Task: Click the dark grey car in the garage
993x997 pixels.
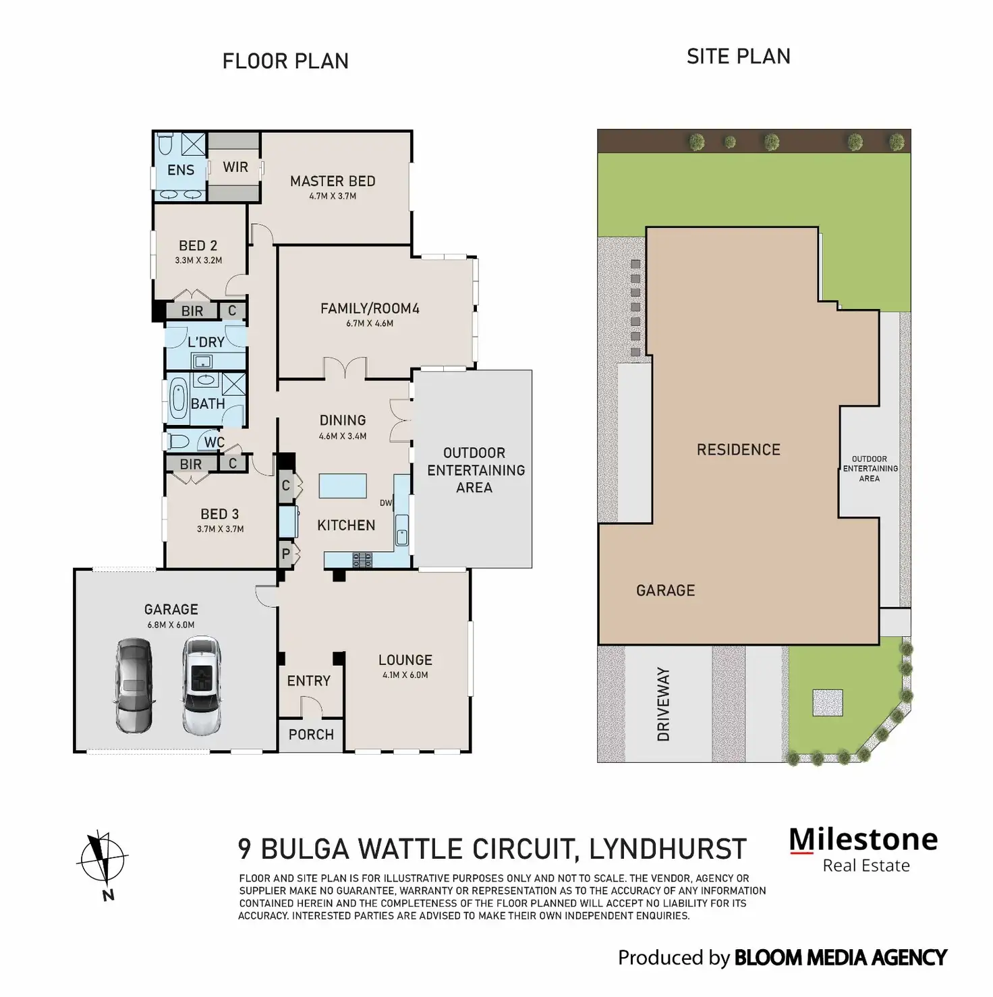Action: tap(134, 685)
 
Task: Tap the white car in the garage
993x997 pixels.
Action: tap(202, 685)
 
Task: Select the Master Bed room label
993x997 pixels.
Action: tap(333, 181)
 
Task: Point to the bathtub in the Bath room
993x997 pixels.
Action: tap(179, 399)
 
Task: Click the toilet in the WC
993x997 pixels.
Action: tap(178, 442)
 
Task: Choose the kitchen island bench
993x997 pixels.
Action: tap(343, 486)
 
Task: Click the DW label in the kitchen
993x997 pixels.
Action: tap(386, 503)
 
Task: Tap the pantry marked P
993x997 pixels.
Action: tap(286, 554)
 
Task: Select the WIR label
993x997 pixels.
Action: tap(235, 167)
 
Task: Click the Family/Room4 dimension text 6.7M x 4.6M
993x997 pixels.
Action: tap(370, 324)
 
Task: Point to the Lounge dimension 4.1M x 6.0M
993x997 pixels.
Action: tap(405, 675)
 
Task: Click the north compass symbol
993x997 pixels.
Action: tap(103, 859)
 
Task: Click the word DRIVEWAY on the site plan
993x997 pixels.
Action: tap(664, 704)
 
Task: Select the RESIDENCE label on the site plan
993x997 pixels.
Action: tap(738, 450)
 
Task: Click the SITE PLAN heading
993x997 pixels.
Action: tap(738, 57)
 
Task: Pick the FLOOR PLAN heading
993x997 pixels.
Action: tap(285, 61)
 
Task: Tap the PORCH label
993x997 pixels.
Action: tap(311, 735)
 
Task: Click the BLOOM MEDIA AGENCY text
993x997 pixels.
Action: tap(840, 958)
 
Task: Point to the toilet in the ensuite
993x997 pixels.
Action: tap(166, 144)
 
